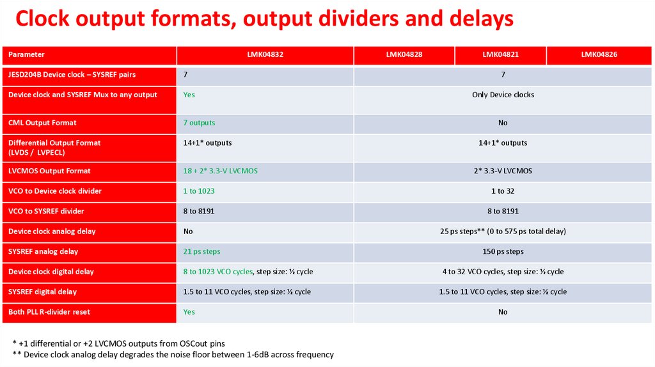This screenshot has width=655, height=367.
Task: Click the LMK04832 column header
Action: point(265,55)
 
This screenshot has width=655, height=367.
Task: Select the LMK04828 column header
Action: point(404,55)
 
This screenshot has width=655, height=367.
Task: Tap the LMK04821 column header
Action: point(500,55)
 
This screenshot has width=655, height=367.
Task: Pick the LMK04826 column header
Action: point(599,55)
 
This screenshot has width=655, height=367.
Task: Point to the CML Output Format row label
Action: point(42,123)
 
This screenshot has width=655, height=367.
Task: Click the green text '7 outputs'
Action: point(199,123)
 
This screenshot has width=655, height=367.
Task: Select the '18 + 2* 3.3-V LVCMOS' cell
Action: point(220,171)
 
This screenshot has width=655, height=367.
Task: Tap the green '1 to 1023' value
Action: point(198,191)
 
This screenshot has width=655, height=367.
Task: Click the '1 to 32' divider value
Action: point(503,191)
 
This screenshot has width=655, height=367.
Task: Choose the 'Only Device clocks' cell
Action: point(503,95)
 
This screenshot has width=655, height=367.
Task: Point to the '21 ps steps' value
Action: point(201,252)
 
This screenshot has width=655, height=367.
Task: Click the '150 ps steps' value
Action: point(503,252)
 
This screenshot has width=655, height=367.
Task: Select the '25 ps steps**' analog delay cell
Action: point(503,231)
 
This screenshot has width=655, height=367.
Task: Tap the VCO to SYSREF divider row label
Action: point(46,211)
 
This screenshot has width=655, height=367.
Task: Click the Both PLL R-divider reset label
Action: point(49,312)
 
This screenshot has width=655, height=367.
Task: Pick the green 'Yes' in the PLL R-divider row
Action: point(189,312)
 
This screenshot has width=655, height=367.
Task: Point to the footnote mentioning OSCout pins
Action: point(118,343)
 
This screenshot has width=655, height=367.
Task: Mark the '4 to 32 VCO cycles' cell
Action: point(503,272)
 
